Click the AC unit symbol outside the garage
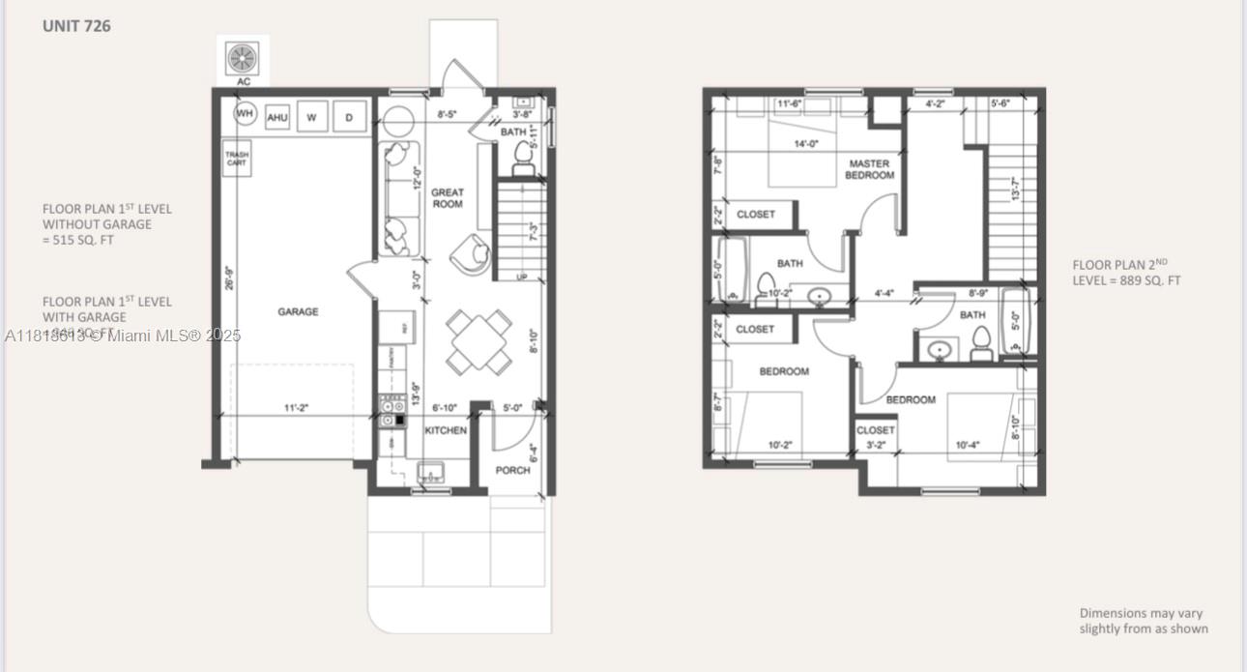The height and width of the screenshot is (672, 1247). click(243, 59)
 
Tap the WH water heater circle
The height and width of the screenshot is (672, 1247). click(245, 115)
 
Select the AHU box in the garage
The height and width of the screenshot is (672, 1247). click(277, 117)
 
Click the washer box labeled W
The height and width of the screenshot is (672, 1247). click(311, 117)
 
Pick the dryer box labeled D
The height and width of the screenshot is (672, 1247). click(348, 117)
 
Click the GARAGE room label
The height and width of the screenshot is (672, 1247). click(298, 311)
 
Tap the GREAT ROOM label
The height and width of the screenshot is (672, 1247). click(448, 198)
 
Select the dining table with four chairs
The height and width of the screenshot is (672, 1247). click(480, 341)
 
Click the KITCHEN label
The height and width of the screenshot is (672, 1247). click(446, 430)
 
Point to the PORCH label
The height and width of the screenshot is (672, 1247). click(512, 470)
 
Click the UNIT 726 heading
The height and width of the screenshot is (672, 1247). click(76, 26)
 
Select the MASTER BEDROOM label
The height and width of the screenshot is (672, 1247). click(869, 169)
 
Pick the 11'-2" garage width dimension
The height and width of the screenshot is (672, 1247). click(296, 409)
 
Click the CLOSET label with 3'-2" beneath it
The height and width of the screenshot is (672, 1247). click(875, 430)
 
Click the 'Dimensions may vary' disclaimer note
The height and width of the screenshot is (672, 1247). click(1143, 621)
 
